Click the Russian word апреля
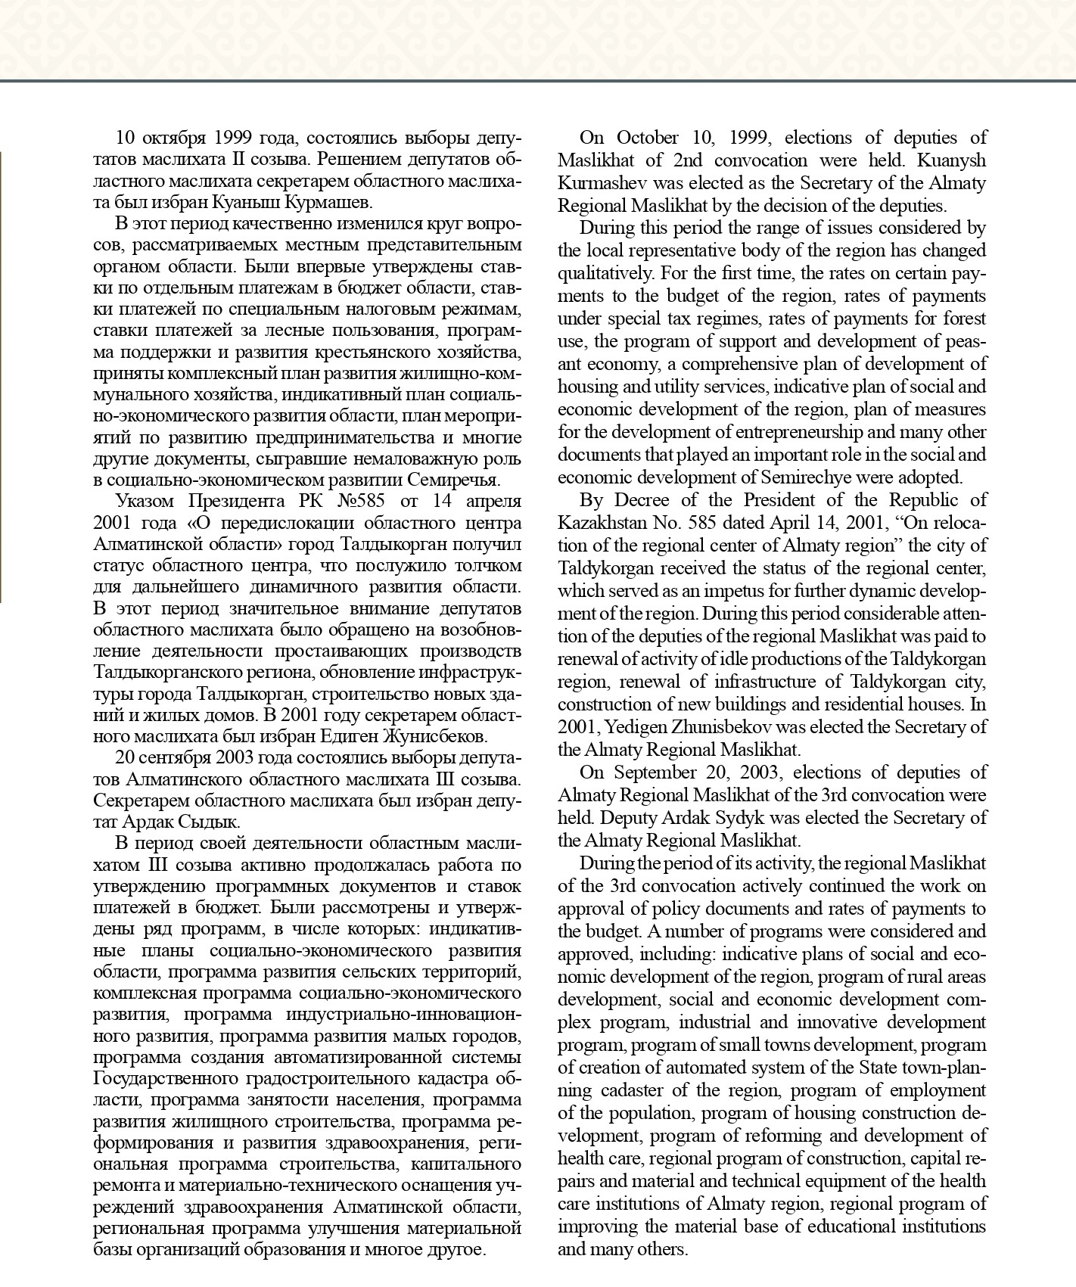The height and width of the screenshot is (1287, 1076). (x=493, y=501)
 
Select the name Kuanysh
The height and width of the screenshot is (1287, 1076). (x=953, y=160)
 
